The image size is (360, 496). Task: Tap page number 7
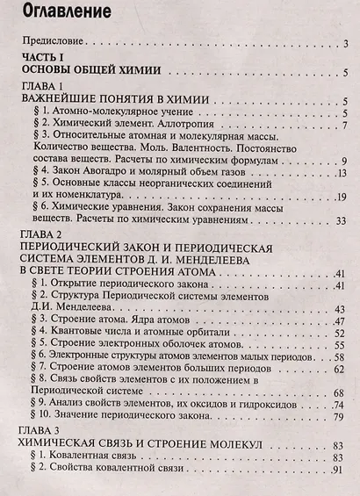point(347,127)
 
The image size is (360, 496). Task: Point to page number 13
point(343,173)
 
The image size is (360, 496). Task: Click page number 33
point(343,220)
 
